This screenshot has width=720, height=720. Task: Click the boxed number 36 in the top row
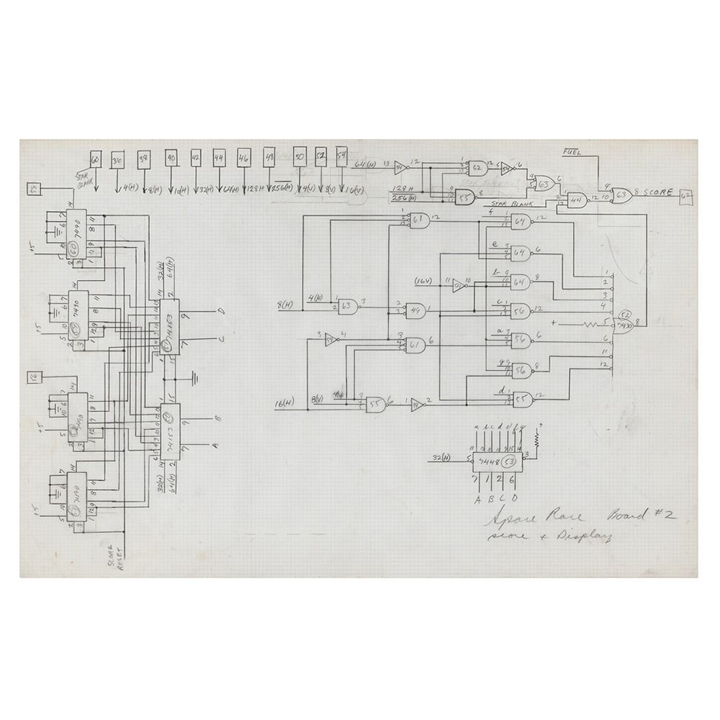point(117,160)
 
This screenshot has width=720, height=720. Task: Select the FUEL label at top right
point(573,152)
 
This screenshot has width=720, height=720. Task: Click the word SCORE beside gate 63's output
point(657,193)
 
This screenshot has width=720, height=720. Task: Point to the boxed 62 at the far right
point(686,194)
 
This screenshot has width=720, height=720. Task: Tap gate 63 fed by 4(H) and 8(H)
point(348,305)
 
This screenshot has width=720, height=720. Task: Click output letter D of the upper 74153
point(222,312)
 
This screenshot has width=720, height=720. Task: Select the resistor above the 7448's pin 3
point(536,436)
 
